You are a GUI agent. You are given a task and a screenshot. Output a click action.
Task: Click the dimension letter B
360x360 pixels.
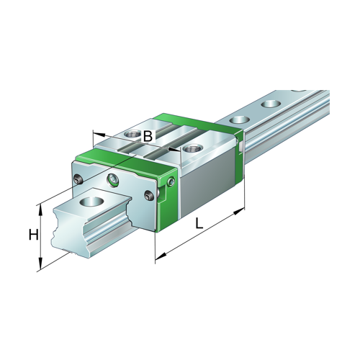click(147, 135)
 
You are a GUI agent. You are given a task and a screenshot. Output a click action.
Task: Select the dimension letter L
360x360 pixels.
click(199, 224)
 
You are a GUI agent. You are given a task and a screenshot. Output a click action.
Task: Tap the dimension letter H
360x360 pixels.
click(32, 235)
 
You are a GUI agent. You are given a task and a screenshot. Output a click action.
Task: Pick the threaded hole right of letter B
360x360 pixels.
click(192, 148)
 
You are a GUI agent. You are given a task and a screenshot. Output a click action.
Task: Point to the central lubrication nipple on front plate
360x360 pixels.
click(112, 179)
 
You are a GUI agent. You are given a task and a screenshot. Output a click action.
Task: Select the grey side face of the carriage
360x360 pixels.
click(205, 180)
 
